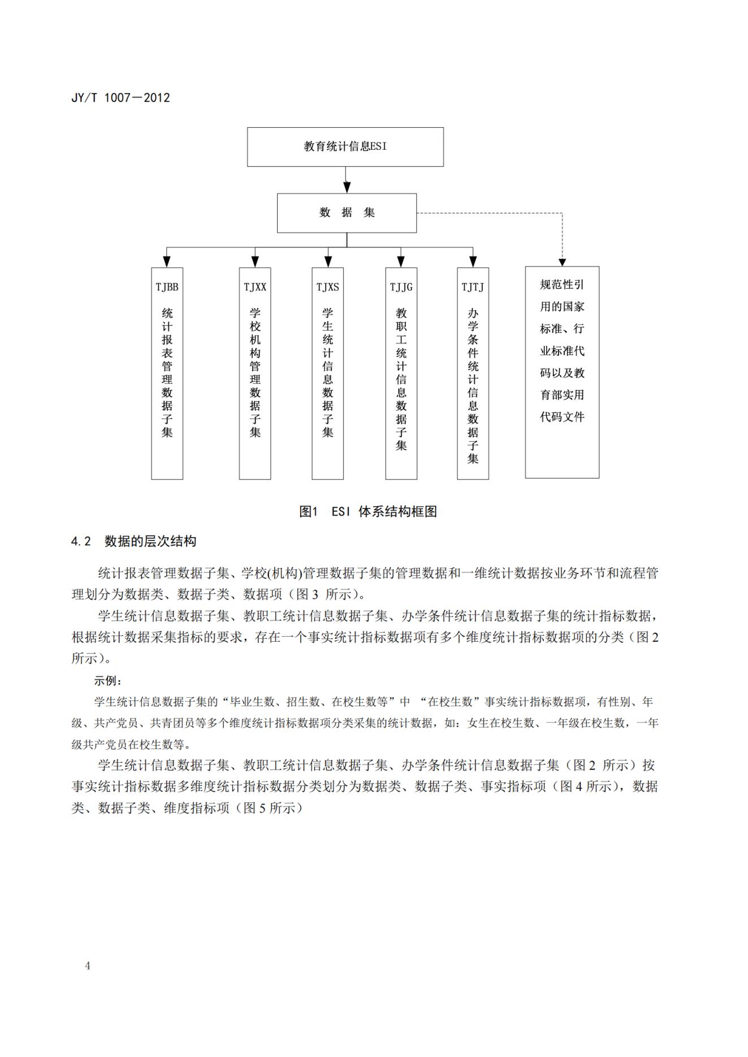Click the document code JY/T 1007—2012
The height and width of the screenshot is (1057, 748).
click(120, 97)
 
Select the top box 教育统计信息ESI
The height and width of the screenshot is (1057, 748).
click(345, 146)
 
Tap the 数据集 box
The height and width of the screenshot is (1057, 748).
click(347, 213)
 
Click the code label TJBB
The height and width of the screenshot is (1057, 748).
click(167, 287)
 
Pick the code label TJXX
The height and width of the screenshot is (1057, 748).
click(255, 287)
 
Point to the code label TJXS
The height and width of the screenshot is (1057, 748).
click(328, 287)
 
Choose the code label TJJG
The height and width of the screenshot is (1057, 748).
click(401, 287)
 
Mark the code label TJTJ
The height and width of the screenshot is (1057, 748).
click(473, 287)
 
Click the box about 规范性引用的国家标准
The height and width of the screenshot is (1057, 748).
click(562, 350)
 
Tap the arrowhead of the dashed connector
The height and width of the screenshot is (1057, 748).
click(562, 262)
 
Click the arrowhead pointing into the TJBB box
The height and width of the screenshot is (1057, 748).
click(167, 262)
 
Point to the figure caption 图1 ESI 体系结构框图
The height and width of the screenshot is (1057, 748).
click(368, 512)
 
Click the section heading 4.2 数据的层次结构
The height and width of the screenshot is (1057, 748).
click(134, 541)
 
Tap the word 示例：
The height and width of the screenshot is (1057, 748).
click(107, 681)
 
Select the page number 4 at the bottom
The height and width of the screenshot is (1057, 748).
click(88, 965)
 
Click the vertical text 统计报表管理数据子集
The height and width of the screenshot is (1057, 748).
click(167, 373)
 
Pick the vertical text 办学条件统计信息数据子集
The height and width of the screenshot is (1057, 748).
click(473, 386)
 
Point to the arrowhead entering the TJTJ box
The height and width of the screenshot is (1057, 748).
click(473, 262)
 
